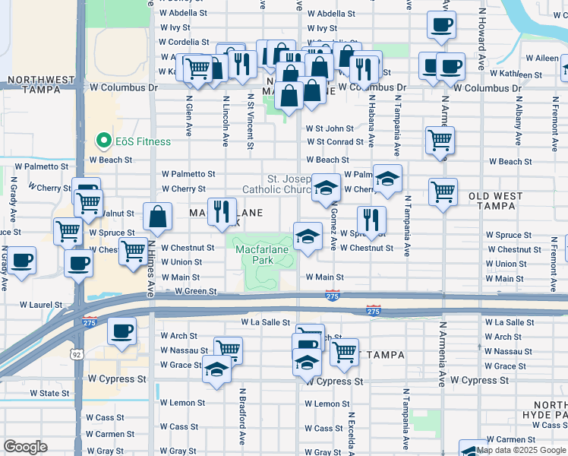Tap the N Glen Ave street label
point(188,114)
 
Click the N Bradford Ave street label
point(242,418)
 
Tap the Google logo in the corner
point(25,447)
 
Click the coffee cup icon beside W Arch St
point(121,331)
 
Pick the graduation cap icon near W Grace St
point(216,370)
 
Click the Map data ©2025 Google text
point(521,450)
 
